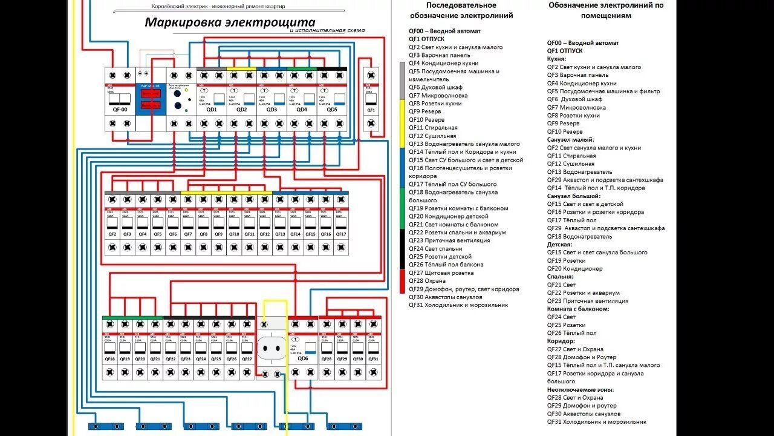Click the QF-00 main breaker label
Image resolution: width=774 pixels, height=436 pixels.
point(120,110)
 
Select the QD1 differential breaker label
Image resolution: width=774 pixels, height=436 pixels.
point(212,110)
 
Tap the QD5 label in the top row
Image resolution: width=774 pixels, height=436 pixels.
point(332,110)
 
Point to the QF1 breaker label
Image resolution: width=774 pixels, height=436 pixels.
point(371,110)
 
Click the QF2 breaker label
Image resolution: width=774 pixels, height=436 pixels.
point(112,234)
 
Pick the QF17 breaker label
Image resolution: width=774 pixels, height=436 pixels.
point(341,234)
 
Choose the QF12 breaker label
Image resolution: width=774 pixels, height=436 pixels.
point(264,234)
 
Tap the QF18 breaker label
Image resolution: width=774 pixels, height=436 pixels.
point(109,358)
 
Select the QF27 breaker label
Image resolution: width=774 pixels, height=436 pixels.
point(247,358)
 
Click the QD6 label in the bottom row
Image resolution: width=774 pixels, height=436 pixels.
point(302,358)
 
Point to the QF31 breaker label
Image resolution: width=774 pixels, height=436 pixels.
point(373,358)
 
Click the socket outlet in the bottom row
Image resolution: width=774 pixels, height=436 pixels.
point(272,348)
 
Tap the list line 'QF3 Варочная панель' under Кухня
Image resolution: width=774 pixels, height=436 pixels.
point(577,75)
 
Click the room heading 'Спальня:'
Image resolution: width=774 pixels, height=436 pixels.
point(561,277)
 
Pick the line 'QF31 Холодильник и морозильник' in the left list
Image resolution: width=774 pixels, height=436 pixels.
point(458,305)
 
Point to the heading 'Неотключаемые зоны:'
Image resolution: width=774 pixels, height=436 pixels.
point(580,389)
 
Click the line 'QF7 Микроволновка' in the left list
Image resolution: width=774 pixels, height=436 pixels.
point(438,95)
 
